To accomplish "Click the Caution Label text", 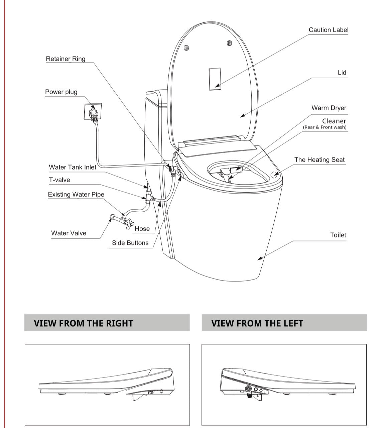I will (328, 30).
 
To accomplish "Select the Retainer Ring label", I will (66, 59).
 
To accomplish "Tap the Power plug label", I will (61, 92).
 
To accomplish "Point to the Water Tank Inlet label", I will (73, 167).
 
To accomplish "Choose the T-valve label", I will (59, 180).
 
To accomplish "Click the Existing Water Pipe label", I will (76, 195).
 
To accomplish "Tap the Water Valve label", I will (69, 233).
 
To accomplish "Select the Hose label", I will (142, 229).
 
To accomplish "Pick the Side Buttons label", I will (130, 243).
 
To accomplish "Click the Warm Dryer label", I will (329, 108).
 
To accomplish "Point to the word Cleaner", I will (334, 121).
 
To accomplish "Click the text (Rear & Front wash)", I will (324, 127).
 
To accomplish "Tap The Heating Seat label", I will (319, 160).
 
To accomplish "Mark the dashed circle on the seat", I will (274, 175).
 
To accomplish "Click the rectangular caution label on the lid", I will (215, 79).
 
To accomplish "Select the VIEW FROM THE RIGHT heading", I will (83, 323).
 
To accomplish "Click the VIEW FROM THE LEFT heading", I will (257, 323).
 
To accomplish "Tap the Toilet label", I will (338, 235).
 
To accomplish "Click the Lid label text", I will (342, 73).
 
